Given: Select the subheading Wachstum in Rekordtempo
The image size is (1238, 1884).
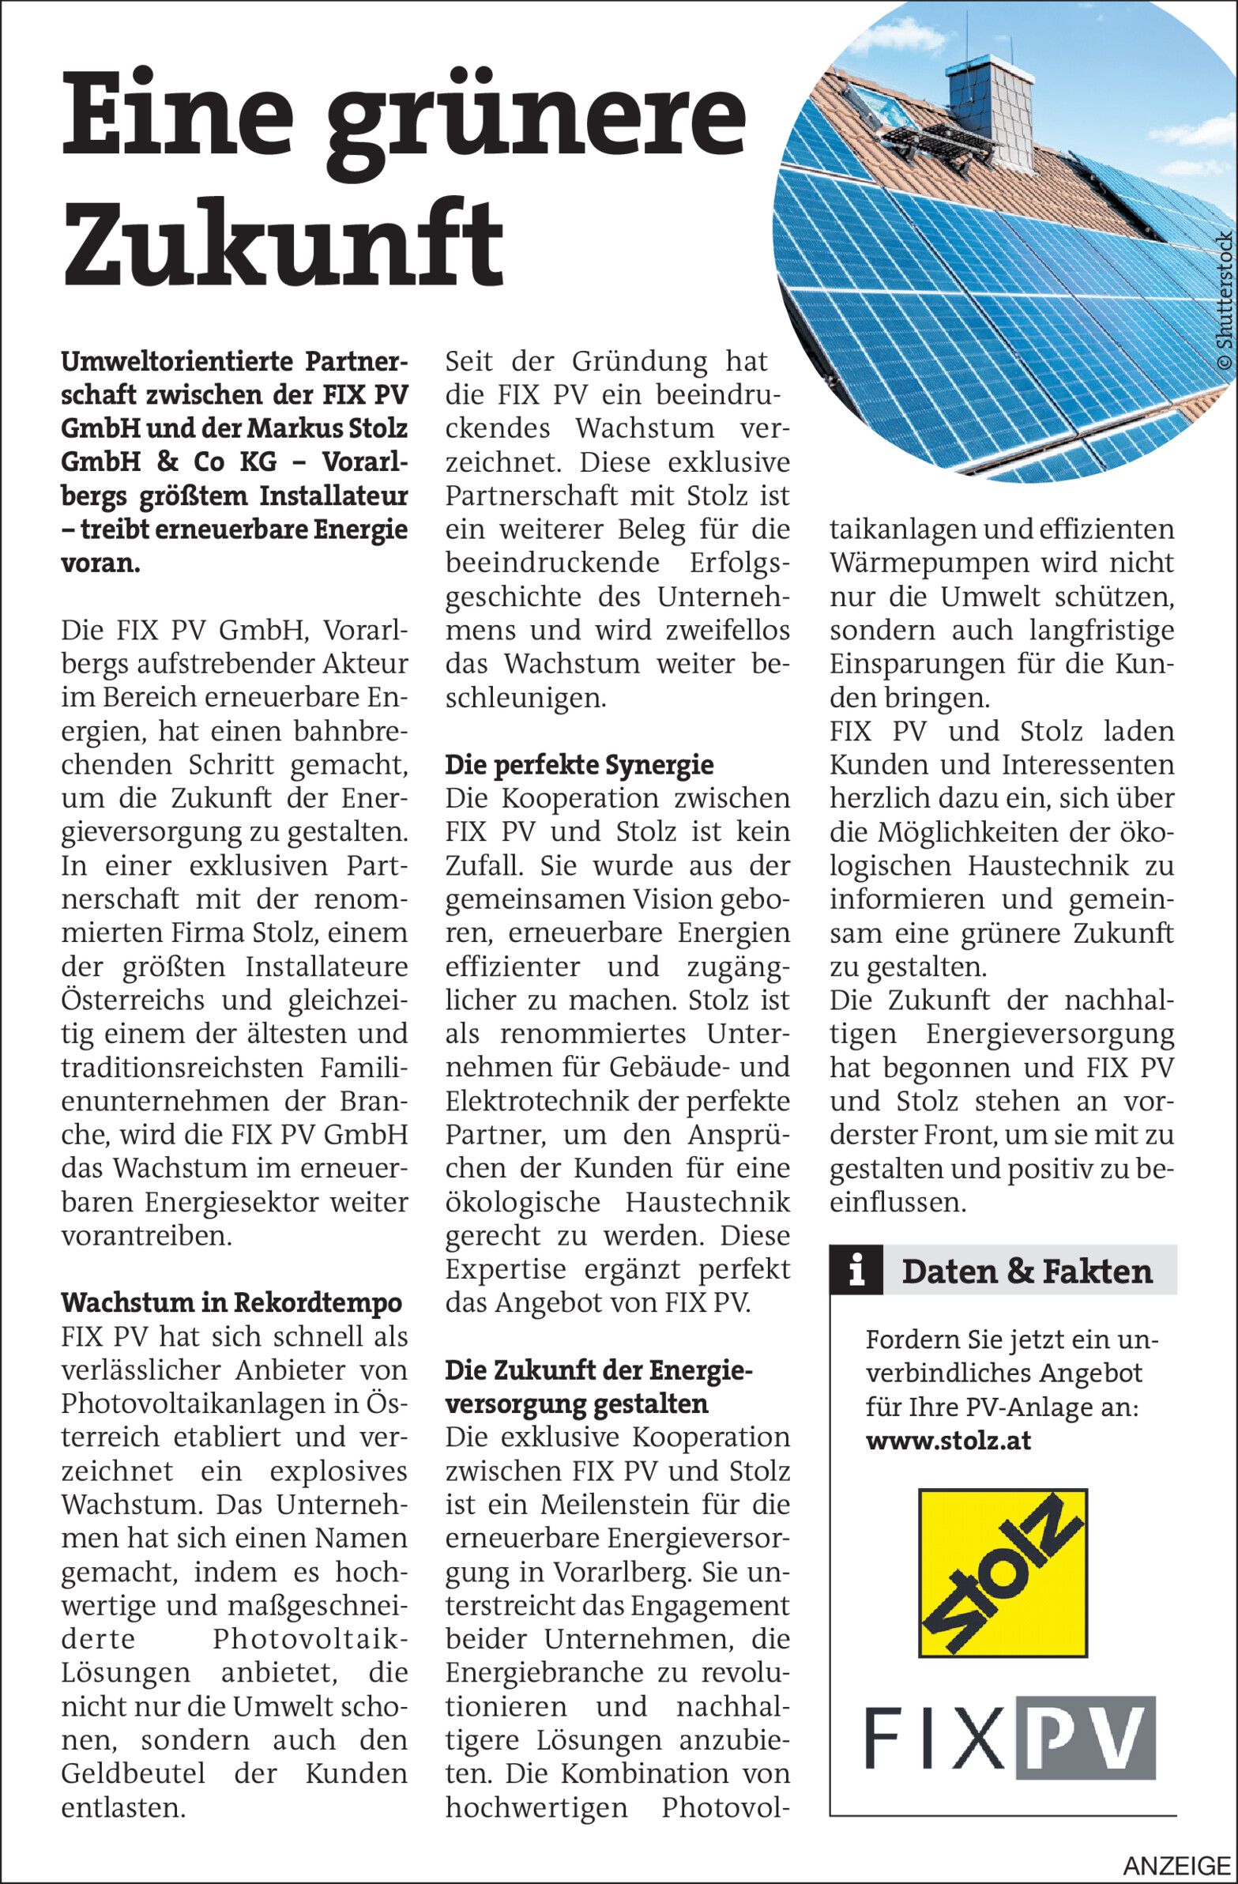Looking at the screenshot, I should (x=231, y=1302).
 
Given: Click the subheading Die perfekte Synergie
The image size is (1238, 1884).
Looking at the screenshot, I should (x=578, y=765).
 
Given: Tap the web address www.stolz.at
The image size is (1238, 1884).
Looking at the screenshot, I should (x=947, y=1440).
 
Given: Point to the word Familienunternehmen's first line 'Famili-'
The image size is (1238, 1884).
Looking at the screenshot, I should (x=364, y=1067).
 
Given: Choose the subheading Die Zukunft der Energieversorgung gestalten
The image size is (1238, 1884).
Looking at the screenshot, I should (x=597, y=1387).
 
